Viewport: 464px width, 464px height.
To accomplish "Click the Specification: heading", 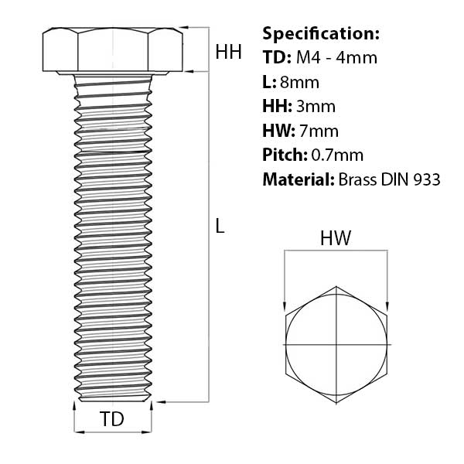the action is click(321, 33).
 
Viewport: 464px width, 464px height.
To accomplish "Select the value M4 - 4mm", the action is click(336, 57).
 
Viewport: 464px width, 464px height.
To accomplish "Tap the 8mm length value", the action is click(299, 82).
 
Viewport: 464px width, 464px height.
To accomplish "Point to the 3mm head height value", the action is click(316, 106).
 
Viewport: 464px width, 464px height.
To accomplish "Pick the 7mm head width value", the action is click(319, 131).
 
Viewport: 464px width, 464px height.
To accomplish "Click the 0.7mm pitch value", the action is click(337, 155).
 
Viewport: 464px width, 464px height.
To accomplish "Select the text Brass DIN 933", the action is click(389, 179).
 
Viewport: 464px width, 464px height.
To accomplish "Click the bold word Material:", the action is click(299, 179).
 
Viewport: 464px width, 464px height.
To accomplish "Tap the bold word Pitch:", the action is click(285, 155).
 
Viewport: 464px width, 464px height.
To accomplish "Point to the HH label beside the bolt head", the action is click(228, 52).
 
